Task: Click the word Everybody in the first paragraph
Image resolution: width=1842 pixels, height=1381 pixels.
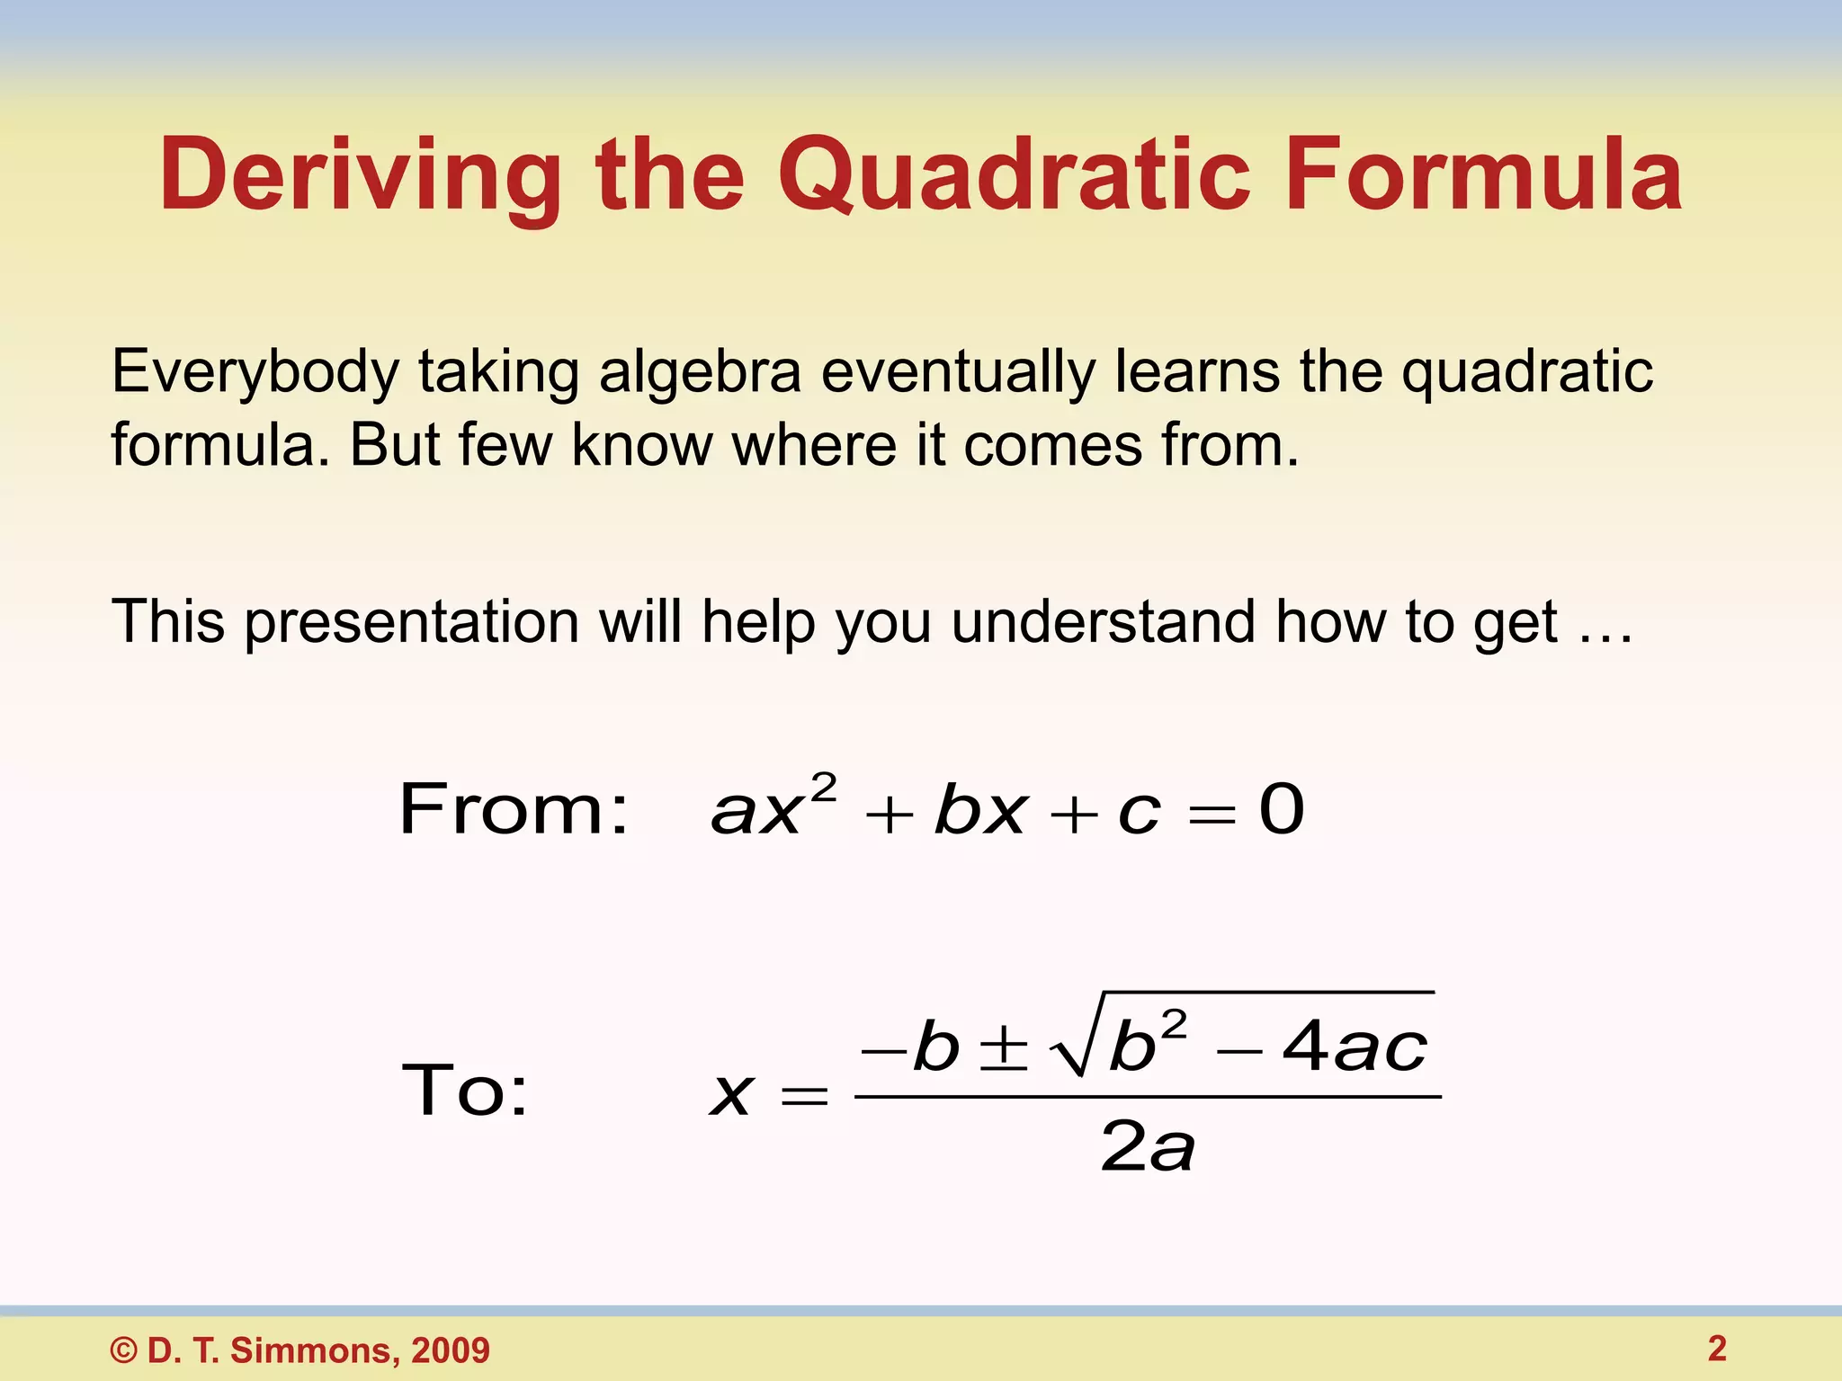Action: (x=255, y=373)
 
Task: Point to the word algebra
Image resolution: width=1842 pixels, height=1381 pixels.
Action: (x=700, y=373)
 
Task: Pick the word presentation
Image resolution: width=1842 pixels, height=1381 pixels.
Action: (x=411, y=623)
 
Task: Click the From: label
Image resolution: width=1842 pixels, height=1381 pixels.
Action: (x=514, y=809)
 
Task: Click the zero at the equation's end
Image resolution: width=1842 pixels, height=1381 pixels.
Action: (x=1281, y=809)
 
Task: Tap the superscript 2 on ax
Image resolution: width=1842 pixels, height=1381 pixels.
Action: (x=823, y=789)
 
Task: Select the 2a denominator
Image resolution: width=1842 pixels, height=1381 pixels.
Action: (x=1148, y=1149)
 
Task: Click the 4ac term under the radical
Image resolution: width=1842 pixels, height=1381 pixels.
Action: (x=1355, y=1048)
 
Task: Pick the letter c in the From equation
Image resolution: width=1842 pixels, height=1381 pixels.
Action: (x=1138, y=814)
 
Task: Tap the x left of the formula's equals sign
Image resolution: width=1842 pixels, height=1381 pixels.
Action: (x=730, y=1095)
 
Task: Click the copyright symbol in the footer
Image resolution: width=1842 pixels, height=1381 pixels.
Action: (x=124, y=1350)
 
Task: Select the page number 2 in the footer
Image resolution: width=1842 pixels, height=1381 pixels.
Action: (x=1717, y=1349)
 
